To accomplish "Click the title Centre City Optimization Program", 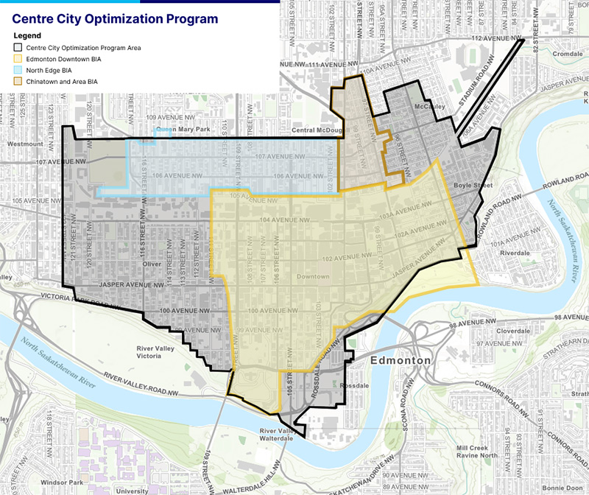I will click(x=115, y=18).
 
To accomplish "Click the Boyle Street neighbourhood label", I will click(x=467, y=186).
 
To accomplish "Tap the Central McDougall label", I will click(x=317, y=131).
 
